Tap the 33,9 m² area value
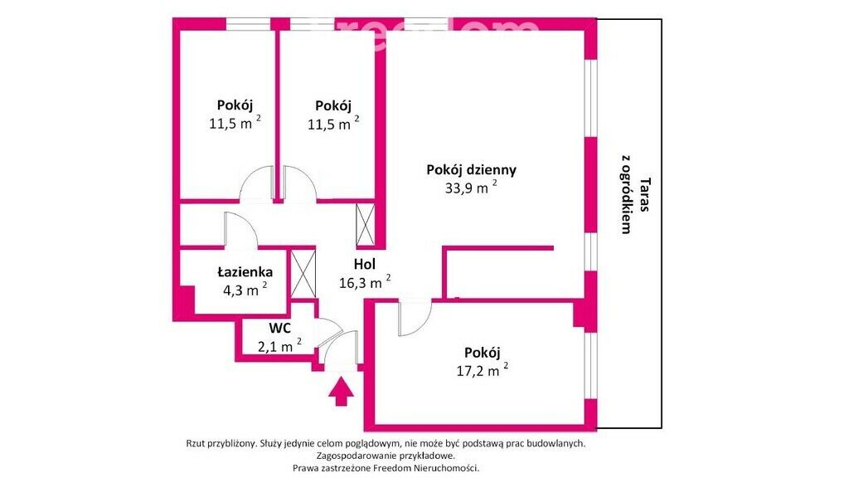click(471, 188)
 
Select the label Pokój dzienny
click(471, 169)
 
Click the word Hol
click(365, 264)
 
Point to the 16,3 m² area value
click(365, 282)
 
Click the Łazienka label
click(245, 271)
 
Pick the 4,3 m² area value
click(245, 290)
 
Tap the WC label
click(280, 328)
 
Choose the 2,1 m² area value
click(279, 345)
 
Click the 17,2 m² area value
click(482, 371)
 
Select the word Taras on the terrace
click(645, 194)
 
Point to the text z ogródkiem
click(627, 194)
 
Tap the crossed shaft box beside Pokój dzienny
click(366, 224)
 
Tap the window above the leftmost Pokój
click(249, 24)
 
